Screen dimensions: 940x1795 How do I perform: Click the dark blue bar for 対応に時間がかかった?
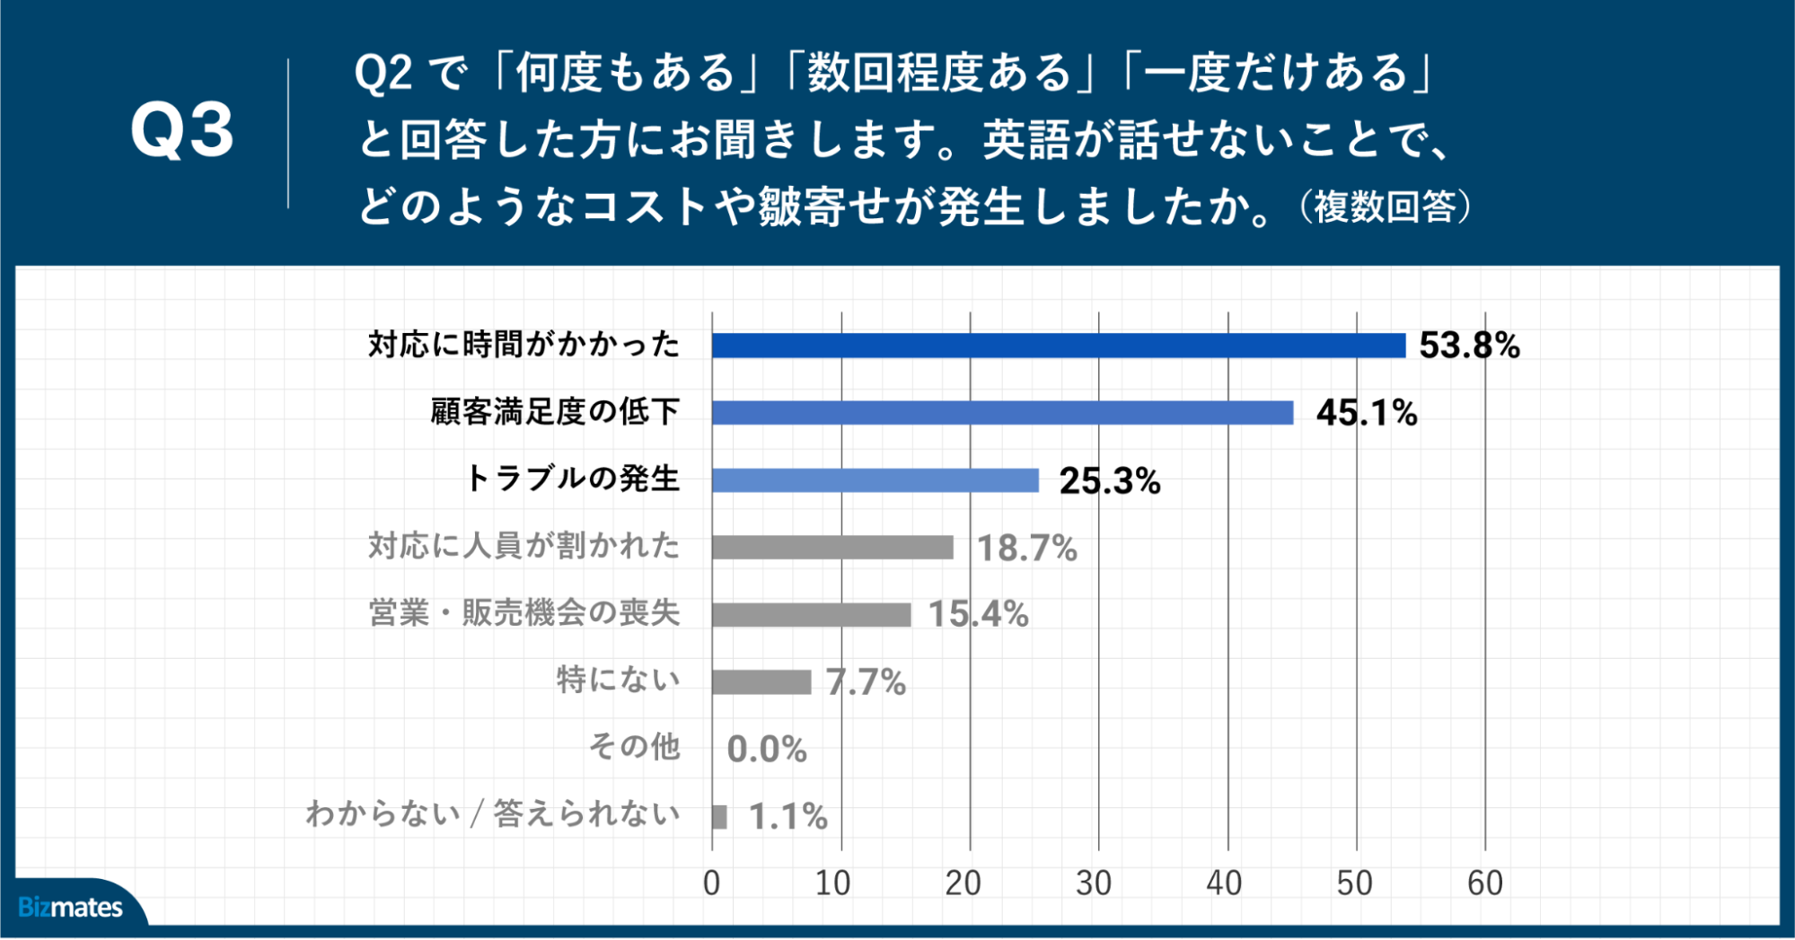pos(1058,346)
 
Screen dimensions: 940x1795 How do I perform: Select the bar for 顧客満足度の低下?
pos(1002,413)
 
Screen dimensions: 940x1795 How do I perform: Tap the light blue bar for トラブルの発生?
pos(875,480)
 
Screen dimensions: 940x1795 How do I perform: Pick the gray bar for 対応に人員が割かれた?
pos(832,548)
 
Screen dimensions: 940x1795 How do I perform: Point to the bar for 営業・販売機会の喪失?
pos(811,615)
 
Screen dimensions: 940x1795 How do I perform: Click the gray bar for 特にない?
pos(761,682)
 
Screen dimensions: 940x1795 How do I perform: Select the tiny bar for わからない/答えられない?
pos(719,817)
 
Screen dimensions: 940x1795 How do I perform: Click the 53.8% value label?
pos(1469,346)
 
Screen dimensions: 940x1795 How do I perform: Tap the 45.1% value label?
pos(1367,413)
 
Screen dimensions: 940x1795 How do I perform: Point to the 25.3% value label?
pos(1110,481)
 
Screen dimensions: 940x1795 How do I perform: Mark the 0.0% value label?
pos(767,750)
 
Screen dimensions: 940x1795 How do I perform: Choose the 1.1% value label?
pos(788,817)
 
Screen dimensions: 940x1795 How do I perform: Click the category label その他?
pos(634,747)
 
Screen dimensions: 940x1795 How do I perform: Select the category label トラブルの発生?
pos(573,479)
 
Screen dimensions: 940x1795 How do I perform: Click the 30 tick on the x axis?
pos(1094,883)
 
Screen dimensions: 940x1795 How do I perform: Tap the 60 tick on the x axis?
pos(1484,883)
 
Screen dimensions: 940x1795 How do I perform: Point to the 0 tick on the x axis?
pos(711,883)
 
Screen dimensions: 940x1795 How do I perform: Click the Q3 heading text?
pos(182,131)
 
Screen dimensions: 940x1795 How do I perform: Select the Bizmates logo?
pos(70,908)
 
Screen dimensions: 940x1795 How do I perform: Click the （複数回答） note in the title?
pos(1384,207)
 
